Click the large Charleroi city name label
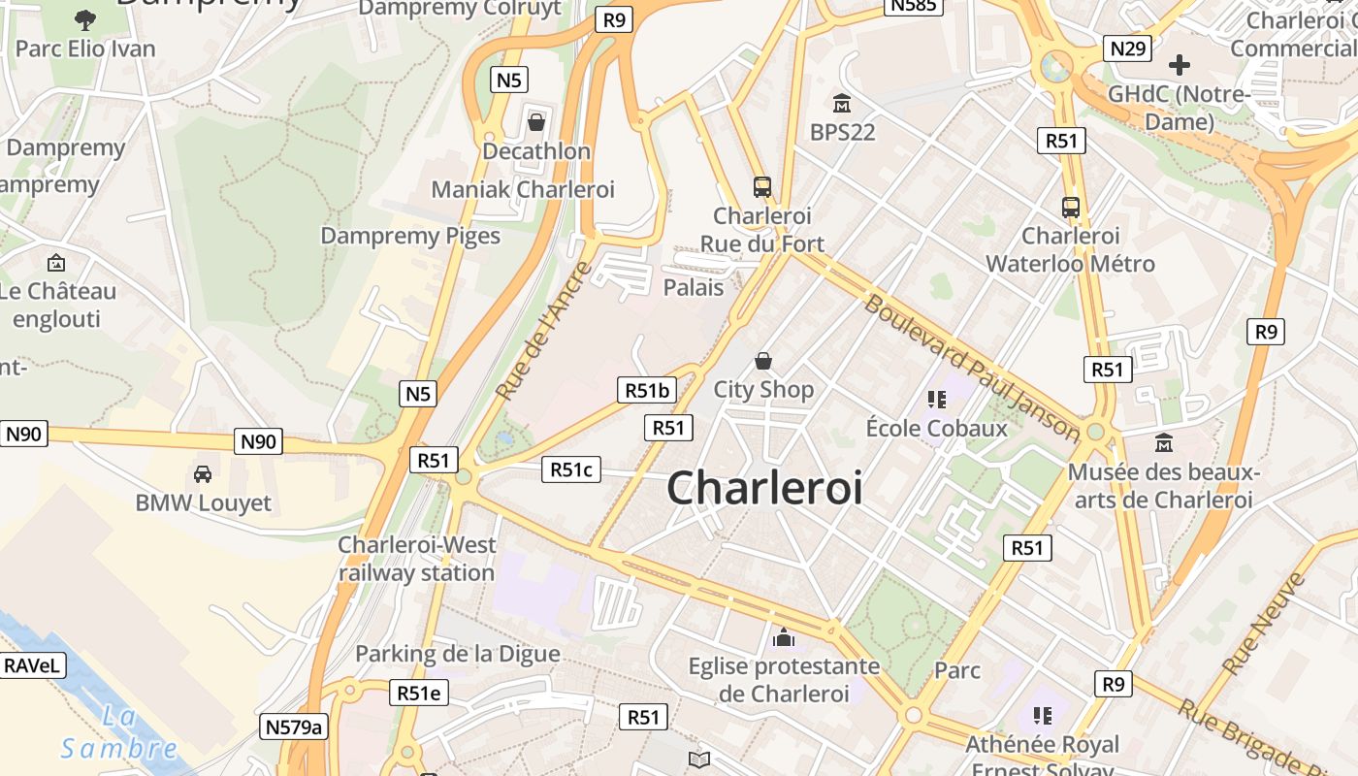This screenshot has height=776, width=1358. pyautogui.click(x=764, y=487)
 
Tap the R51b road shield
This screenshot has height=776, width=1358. pyautogui.click(x=647, y=390)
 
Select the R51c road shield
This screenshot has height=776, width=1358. pyautogui.click(x=570, y=469)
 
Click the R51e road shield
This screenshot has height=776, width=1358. pyautogui.click(x=419, y=693)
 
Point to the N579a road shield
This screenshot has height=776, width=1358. pyautogui.click(x=295, y=727)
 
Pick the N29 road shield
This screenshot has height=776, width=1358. pyautogui.click(x=1127, y=48)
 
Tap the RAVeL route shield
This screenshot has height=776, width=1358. pyautogui.click(x=33, y=665)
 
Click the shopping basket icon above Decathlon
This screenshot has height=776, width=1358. pyautogui.click(x=535, y=122)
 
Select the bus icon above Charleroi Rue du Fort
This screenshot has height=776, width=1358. pyautogui.click(x=762, y=186)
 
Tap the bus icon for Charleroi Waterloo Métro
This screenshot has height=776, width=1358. pyautogui.click(x=1071, y=207)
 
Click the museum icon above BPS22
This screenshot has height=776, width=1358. pyautogui.click(x=842, y=103)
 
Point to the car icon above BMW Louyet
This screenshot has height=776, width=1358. pyautogui.click(x=203, y=473)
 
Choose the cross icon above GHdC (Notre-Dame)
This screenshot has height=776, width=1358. pyautogui.click(x=1180, y=65)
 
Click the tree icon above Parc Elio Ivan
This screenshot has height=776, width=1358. pyautogui.click(x=85, y=19)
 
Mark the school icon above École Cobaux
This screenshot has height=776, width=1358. pyautogui.click(x=936, y=399)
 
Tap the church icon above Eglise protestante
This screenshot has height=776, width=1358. pyautogui.click(x=783, y=637)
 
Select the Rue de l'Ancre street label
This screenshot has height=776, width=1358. pyautogui.click(x=543, y=330)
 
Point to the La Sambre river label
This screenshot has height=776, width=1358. pyautogui.click(x=119, y=733)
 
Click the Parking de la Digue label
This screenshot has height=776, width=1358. pyautogui.click(x=458, y=654)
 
